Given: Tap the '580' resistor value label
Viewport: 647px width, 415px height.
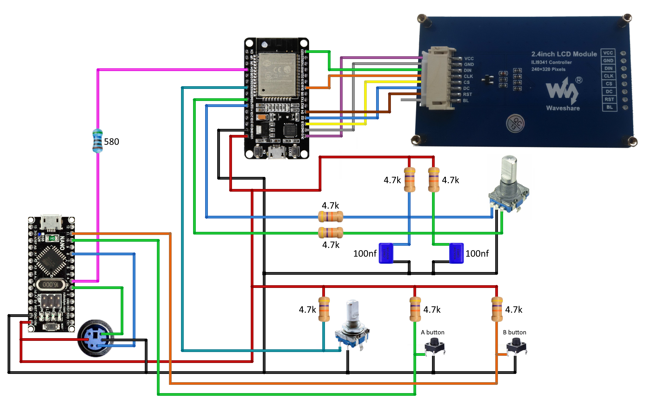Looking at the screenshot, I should pos(111,142).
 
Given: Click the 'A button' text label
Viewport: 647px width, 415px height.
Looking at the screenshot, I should pos(432,332).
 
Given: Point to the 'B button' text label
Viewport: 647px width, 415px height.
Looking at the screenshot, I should pos(514,332).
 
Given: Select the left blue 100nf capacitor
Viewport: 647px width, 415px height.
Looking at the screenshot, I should pos(386,253).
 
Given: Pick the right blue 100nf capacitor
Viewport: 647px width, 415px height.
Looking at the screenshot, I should pos(456,253).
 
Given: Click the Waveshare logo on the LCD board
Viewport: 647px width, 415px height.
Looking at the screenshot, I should pos(563,92).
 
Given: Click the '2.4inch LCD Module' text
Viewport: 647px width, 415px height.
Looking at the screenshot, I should pos(564,54).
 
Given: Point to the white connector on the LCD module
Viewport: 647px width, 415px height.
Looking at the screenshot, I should pos(438,78).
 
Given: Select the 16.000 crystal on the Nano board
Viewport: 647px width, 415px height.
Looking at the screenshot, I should pos(51,284).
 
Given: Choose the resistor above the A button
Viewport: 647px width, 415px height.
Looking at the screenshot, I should pos(415,309).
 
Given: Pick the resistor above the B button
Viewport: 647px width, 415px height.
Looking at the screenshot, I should pos(497,309).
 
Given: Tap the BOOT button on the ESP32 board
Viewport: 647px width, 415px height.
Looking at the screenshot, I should pos(295,151).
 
